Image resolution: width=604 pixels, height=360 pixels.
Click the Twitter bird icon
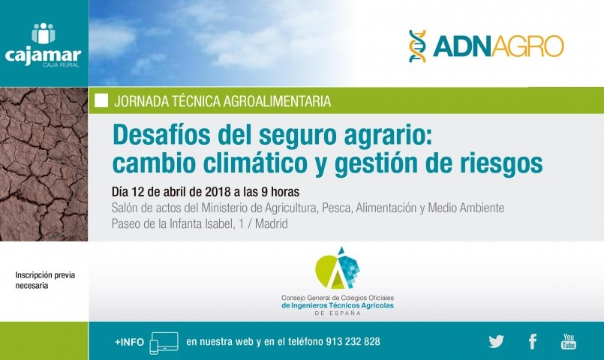tap(496, 341)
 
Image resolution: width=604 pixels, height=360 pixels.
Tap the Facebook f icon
tap(533, 341)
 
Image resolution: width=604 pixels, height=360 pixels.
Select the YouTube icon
tap(569, 341)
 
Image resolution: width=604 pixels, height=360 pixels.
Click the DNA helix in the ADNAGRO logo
tap(418, 46)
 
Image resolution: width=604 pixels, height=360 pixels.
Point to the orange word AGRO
tap(527, 46)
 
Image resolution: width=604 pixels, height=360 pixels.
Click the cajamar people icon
tap(44, 34)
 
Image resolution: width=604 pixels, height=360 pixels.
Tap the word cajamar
tap(44, 55)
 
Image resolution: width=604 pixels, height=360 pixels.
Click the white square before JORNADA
tap(101, 100)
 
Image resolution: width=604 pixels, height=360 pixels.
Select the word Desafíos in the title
tap(162, 135)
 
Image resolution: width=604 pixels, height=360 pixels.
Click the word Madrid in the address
tap(271, 223)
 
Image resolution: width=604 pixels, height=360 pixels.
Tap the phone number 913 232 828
tap(353, 341)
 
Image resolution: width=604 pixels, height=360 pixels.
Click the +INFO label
tap(129, 342)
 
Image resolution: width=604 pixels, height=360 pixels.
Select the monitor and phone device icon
tap(164, 343)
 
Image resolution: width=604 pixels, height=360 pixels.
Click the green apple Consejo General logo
tap(337, 268)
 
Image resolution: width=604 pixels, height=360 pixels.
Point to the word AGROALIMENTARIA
tap(277, 101)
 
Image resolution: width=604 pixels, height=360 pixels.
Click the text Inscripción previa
tap(45, 275)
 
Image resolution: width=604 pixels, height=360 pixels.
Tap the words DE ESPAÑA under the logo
tap(338, 313)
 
